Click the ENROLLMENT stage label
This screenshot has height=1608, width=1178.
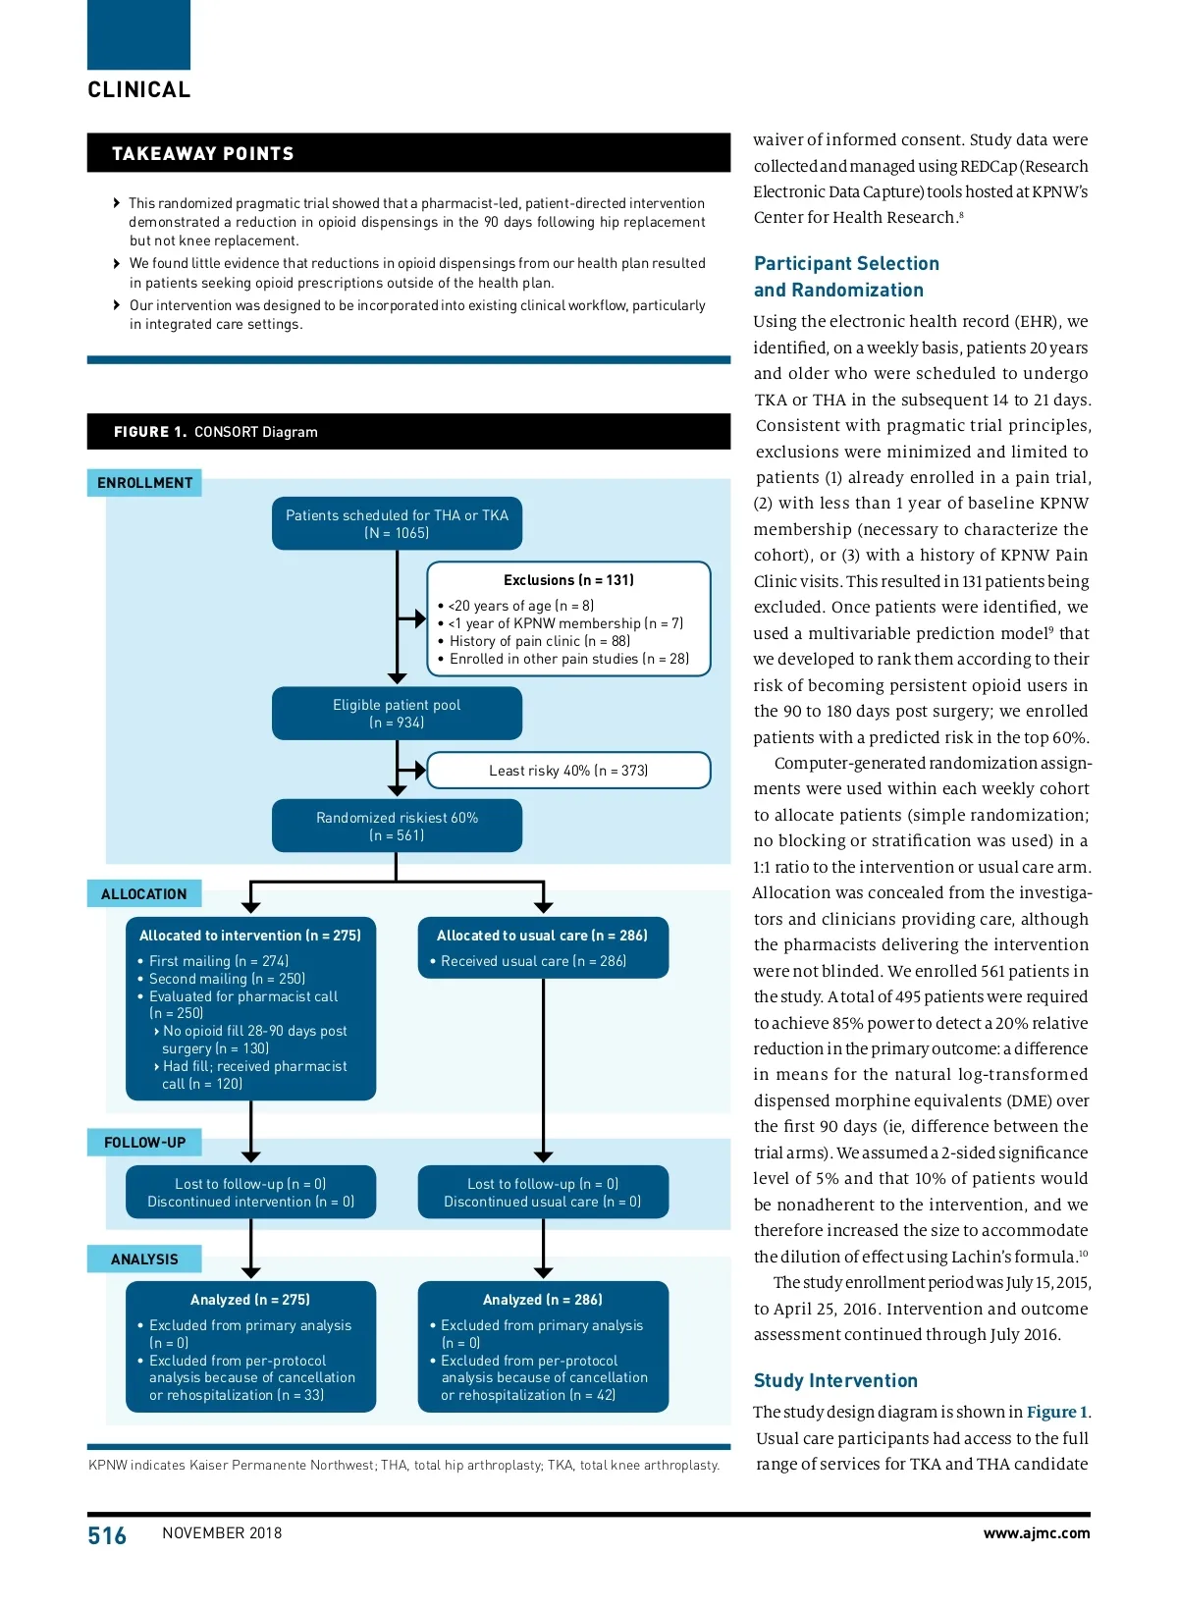click(144, 483)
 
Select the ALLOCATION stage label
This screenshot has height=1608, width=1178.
click(143, 894)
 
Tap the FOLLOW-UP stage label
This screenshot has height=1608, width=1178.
click(144, 1143)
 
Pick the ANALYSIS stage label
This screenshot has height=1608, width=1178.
click(144, 1260)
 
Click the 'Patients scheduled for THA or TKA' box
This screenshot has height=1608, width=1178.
click(397, 524)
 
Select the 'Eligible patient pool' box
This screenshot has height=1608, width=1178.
click(397, 714)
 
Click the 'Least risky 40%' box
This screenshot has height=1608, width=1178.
click(568, 771)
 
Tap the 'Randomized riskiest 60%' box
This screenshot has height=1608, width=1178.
click(397, 827)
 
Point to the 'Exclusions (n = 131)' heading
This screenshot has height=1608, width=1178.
click(568, 580)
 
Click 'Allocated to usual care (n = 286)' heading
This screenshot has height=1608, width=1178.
click(542, 936)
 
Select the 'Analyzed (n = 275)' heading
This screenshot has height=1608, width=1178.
click(250, 1300)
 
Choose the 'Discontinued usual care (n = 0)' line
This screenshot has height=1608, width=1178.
click(542, 1202)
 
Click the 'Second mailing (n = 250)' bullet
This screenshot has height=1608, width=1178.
click(227, 979)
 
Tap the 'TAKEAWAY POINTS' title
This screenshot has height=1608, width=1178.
click(203, 154)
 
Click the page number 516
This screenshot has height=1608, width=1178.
click(107, 1535)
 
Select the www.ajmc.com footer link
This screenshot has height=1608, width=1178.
click(1036, 1533)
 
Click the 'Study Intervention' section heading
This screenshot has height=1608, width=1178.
click(835, 1381)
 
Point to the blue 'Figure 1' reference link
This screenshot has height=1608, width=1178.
click(1056, 1413)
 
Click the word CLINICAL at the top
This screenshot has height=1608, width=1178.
click(139, 90)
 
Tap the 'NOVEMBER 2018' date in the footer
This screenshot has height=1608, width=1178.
click(222, 1533)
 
